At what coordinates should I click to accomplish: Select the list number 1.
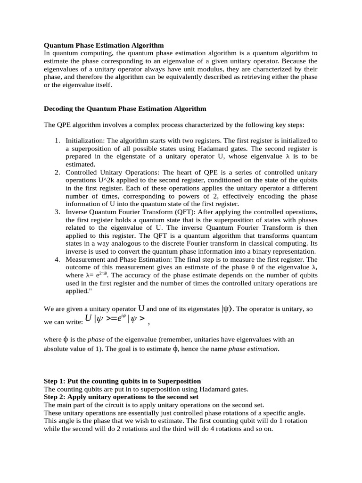pos(57,141)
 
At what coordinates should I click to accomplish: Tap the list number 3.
pos(57,212)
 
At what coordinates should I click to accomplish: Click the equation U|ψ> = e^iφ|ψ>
pos(115,319)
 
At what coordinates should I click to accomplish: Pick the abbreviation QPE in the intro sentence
pos(65,125)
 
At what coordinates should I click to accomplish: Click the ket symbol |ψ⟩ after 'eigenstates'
pos(228,309)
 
